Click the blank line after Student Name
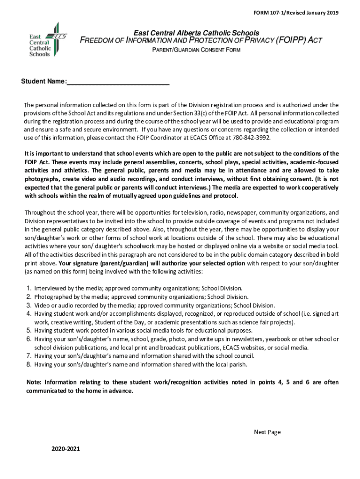118,82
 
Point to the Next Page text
267,432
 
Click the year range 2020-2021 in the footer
65,449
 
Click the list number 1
29,288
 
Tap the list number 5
29,330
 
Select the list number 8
29,364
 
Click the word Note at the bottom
34,382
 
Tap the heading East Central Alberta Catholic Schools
196,33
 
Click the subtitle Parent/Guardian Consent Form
196,50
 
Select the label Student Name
43,82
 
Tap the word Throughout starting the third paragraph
41,212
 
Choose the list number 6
29,339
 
